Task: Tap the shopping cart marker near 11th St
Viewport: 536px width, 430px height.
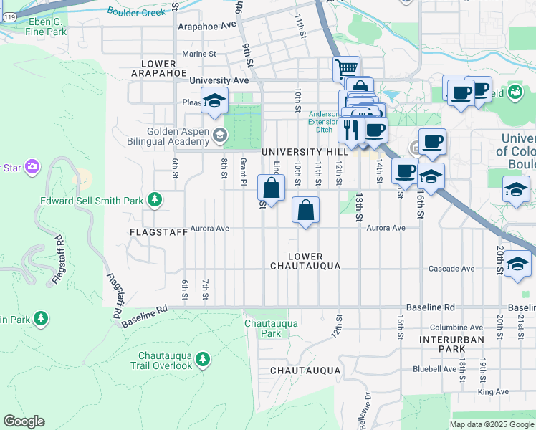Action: pos(346,69)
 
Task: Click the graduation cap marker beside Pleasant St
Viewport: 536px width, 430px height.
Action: pos(214,102)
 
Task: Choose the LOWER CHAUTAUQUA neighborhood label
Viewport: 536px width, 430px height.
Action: pos(305,261)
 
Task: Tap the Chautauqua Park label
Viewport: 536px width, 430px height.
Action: pos(271,328)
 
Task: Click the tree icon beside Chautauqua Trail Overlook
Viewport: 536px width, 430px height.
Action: pos(204,358)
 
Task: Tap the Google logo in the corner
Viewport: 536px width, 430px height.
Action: pos(24,421)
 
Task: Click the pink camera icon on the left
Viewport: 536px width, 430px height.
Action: pos(31,167)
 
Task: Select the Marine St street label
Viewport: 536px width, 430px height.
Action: pos(198,54)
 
